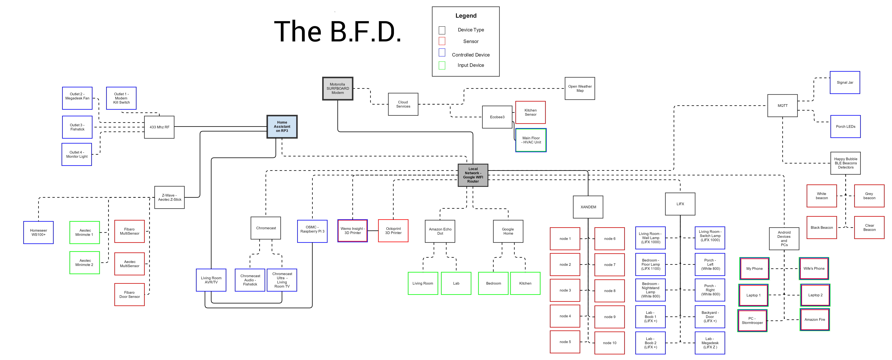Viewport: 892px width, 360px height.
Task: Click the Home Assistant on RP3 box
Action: pyautogui.click(x=282, y=127)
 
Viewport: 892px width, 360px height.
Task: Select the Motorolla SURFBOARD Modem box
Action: pyautogui.click(x=338, y=89)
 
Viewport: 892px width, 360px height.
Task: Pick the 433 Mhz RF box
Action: pyautogui.click(x=159, y=127)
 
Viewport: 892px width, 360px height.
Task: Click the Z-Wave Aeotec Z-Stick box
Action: pyautogui.click(x=169, y=197)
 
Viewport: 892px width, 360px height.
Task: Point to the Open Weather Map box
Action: pyautogui.click(x=580, y=89)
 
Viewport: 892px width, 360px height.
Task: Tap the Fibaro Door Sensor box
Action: pyautogui.click(x=129, y=295)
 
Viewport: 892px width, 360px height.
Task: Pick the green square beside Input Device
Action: pyautogui.click(x=442, y=65)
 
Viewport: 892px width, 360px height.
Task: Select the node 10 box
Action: pyautogui.click(x=609, y=343)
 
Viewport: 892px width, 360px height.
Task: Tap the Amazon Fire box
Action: pyautogui.click(x=814, y=319)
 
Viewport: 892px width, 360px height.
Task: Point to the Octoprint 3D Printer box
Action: pyautogui.click(x=393, y=231)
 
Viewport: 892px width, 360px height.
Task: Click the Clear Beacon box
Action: pyautogui.click(x=869, y=227)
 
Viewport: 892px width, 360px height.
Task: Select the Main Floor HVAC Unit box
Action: pyautogui.click(x=531, y=140)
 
